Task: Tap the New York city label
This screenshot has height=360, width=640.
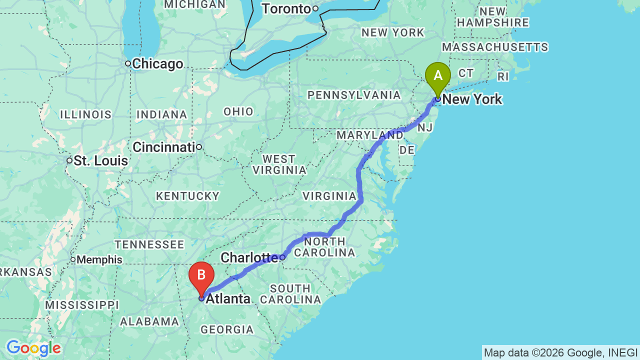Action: tap(472, 99)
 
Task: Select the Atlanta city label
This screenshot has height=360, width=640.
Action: tap(228, 299)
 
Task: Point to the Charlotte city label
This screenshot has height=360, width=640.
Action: tap(248, 257)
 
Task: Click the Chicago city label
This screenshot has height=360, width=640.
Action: tap(157, 64)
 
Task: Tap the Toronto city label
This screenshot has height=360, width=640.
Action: tap(286, 9)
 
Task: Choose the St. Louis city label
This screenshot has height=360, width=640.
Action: tap(100, 161)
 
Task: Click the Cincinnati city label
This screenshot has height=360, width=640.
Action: tap(163, 147)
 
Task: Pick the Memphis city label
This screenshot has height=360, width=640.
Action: tap(99, 260)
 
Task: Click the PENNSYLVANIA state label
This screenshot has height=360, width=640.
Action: tap(354, 95)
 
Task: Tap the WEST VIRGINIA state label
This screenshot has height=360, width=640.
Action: tap(279, 164)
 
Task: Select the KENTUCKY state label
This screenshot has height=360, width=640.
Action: tap(187, 196)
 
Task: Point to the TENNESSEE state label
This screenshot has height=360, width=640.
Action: tap(149, 244)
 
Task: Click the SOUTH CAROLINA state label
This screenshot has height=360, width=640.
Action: tap(290, 294)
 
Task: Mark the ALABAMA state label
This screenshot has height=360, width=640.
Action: tap(149, 321)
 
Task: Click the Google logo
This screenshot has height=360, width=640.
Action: tap(33, 348)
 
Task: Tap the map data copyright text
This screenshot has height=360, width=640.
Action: tap(560, 353)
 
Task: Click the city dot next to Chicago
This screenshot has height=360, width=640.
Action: tap(128, 63)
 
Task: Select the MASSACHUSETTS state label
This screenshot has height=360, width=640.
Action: tap(495, 47)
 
